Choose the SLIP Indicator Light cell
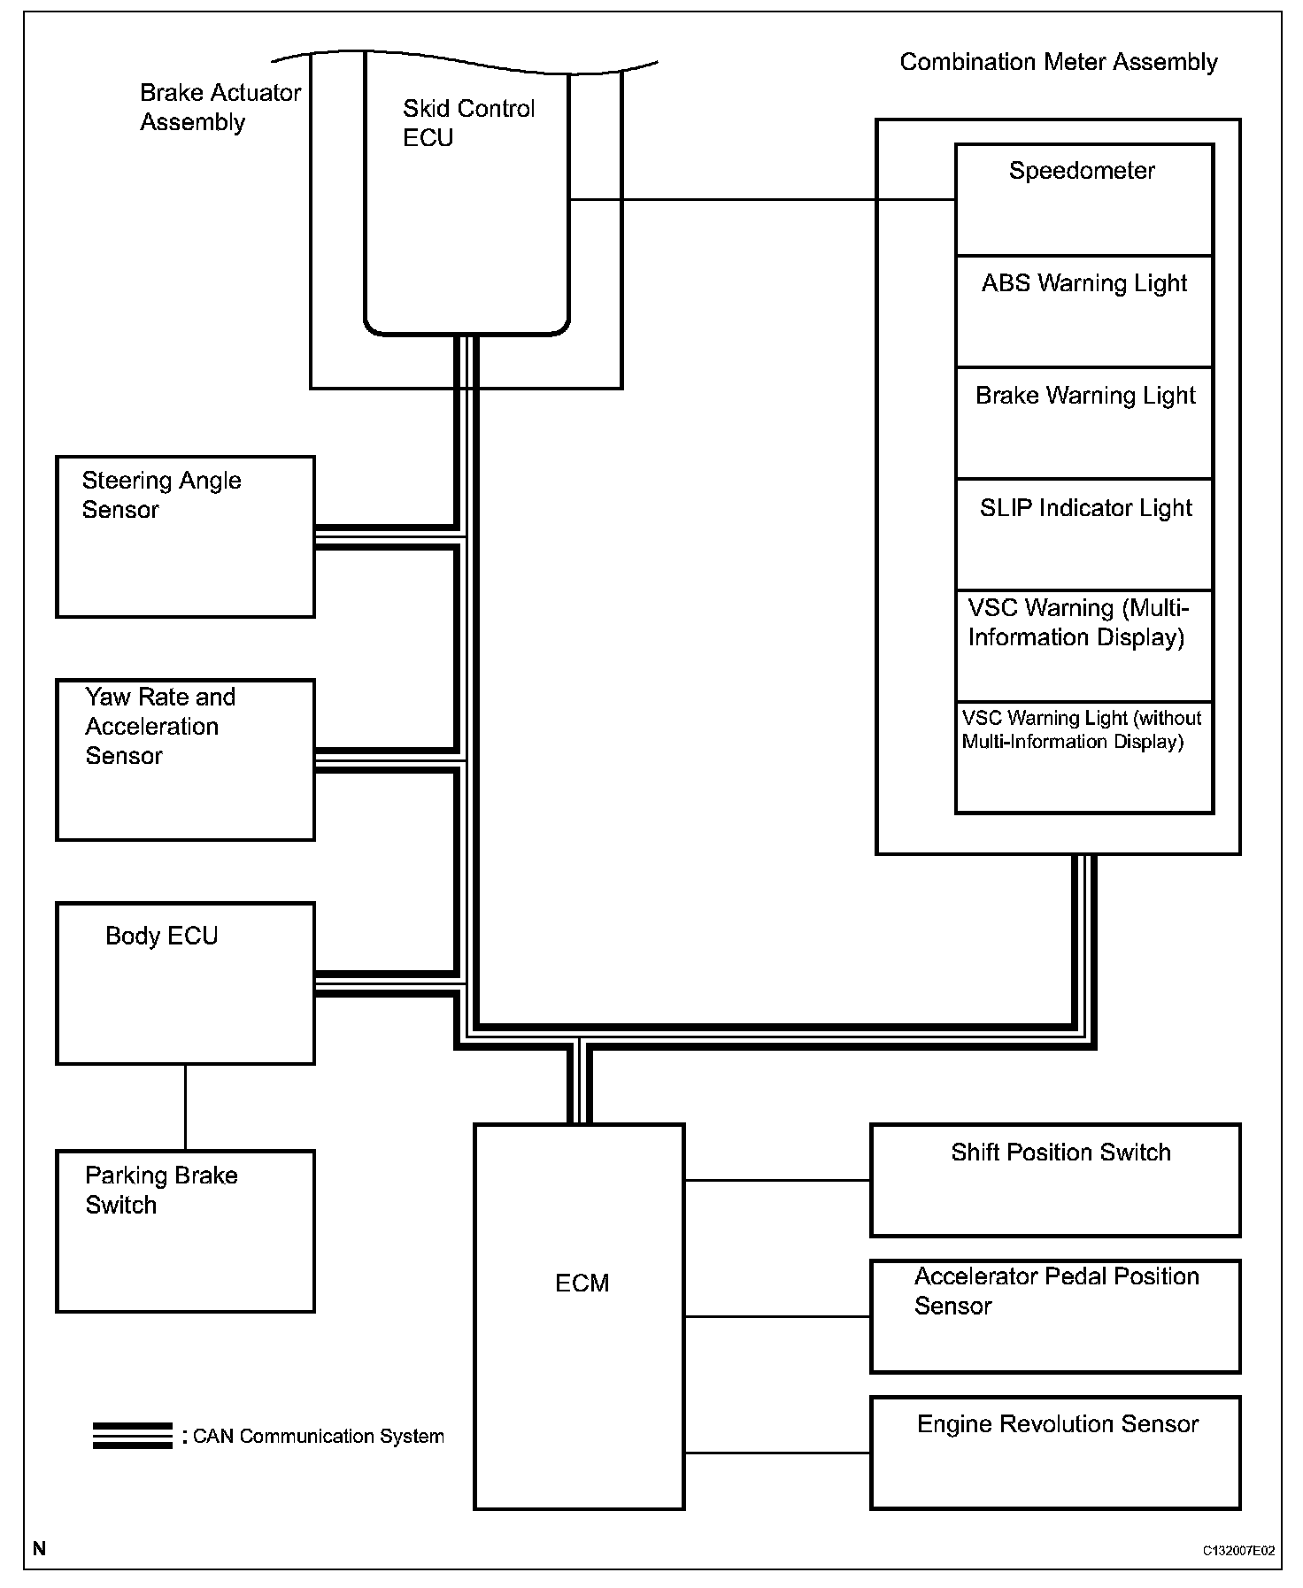coord(1083,535)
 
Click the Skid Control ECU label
coord(468,123)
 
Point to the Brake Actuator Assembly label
coord(220,107)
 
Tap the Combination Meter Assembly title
coord(1059,62)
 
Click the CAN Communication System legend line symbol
coord(133,1436)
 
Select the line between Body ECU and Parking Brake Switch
coord(185,1106)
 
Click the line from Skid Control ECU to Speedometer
coord(761,200)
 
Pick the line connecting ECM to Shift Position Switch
coord(777,1180)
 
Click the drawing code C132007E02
coord(1238,1551)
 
